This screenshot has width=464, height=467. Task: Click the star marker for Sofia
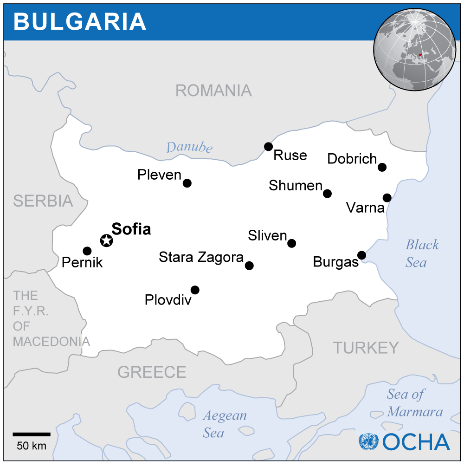point(106,240)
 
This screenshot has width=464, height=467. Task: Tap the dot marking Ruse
point(268,147)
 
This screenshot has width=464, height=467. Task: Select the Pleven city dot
point(187,183)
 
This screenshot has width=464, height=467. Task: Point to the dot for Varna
point(387,198)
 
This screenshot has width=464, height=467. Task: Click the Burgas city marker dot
point(361,255)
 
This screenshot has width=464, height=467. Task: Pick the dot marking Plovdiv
point(195,290)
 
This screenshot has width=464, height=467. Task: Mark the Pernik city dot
point(87,251)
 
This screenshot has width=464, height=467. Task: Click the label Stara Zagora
point(201,257)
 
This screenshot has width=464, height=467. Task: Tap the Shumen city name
point(295,186)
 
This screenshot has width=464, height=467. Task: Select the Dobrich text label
point(352,159)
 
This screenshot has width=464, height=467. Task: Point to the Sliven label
point(267,235)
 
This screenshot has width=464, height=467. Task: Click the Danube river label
point(189,148)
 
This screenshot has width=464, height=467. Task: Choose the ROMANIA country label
point(213,91)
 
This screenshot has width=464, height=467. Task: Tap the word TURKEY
point(366,347)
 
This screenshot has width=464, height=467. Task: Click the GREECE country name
point(152,372)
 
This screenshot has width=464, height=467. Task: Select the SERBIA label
point(43,201)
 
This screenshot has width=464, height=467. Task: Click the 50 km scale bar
point(31,435)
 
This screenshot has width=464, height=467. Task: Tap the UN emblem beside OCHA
point(368,441)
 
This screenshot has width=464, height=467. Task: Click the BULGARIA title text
point(80,21)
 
